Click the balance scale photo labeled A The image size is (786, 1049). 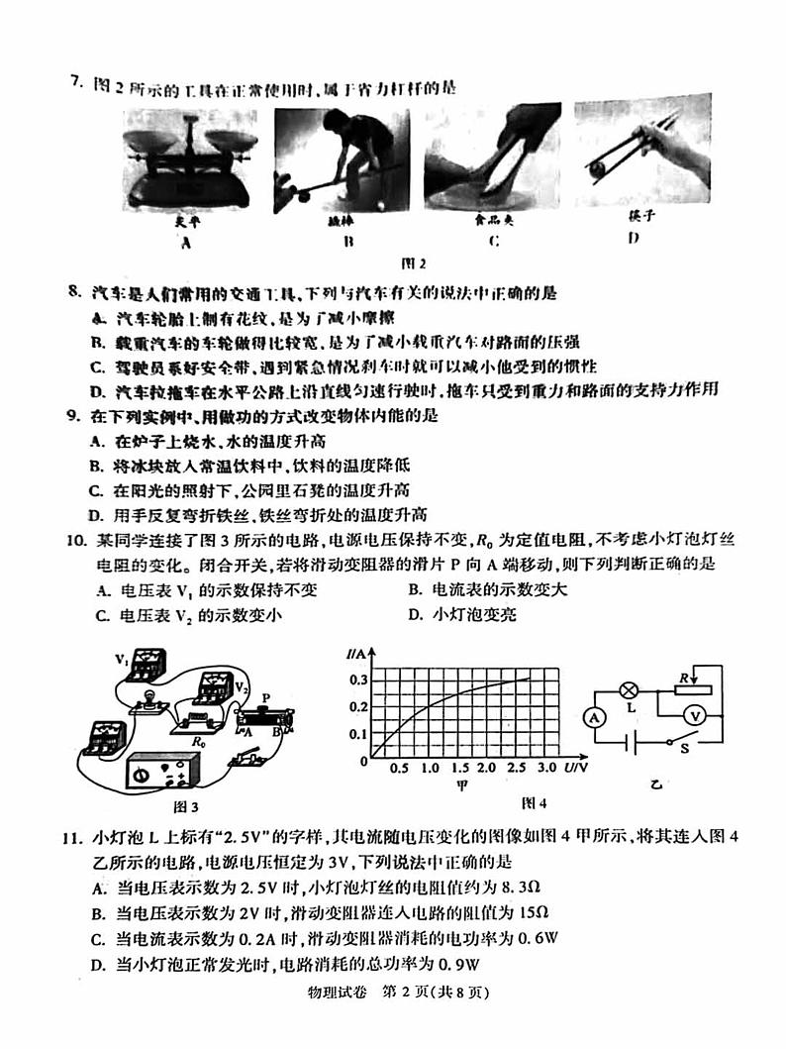(185, 157)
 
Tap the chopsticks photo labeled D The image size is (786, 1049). (642, 147)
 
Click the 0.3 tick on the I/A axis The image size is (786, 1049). (357, 680)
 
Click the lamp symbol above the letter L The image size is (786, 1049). (626, 688)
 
